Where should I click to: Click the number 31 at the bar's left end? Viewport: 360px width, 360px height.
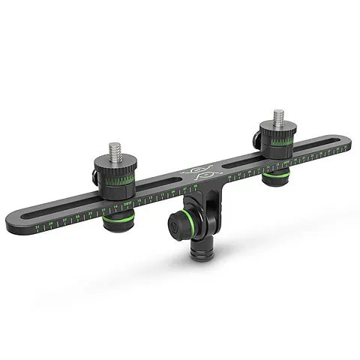[x=38, y=223]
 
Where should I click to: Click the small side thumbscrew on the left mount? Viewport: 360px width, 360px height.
[x=94, y=178]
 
